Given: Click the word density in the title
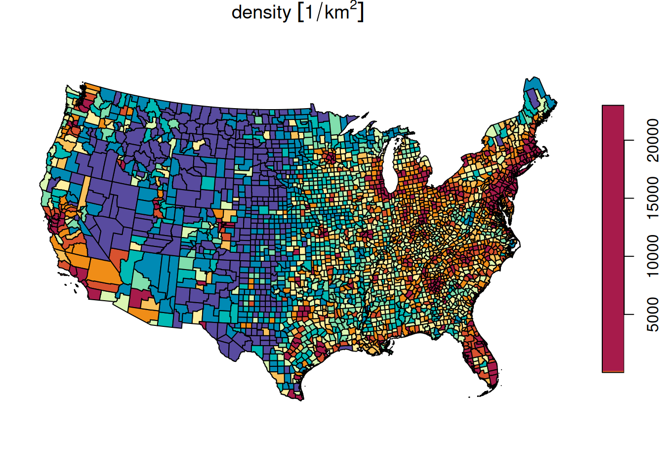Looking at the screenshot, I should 261,12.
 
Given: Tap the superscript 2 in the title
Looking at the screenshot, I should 353,6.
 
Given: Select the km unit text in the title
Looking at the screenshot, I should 337,12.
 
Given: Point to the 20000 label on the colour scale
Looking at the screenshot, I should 652,141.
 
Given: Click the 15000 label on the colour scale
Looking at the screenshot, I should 652,198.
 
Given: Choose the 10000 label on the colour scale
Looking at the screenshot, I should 652,256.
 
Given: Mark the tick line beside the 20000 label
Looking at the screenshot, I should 628,141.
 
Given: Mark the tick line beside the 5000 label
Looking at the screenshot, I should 628,315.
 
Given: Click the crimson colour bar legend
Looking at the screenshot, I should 613,237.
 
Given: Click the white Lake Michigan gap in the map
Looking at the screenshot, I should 391,168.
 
